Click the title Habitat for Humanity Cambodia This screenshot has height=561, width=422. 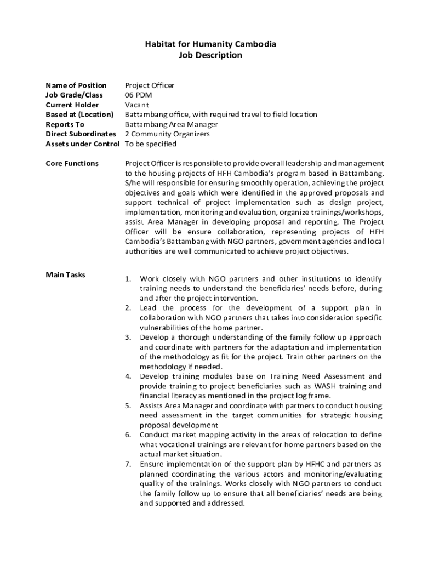pyautogui.click(x=210, y=44)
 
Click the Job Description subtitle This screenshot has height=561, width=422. pyautogui.click(x=210, y=55)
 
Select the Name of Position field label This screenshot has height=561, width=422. pyautogui.click(x=76, y=85)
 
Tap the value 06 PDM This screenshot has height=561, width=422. pyautogui.click(x=139, y=95)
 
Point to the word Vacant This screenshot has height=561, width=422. pyautogui.click(x=137, y=105)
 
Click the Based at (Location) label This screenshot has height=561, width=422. pyautogui.click(x=79, y=115)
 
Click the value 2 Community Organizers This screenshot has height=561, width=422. pyautogui.click(x=167, y=134)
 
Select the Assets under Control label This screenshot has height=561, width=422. pyautogui.click(x=82, y=144)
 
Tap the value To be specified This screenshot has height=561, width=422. pyautogui.click(x=151, y=144)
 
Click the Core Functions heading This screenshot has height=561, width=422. pyautogui.click(x=72, y=163)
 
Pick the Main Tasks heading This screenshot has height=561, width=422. pyautogui.click(x=65, y=274)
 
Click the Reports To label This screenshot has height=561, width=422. pyautogui.click(x=65, y=124)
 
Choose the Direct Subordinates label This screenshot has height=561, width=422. pyautogui.click(x=81, y=134)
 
